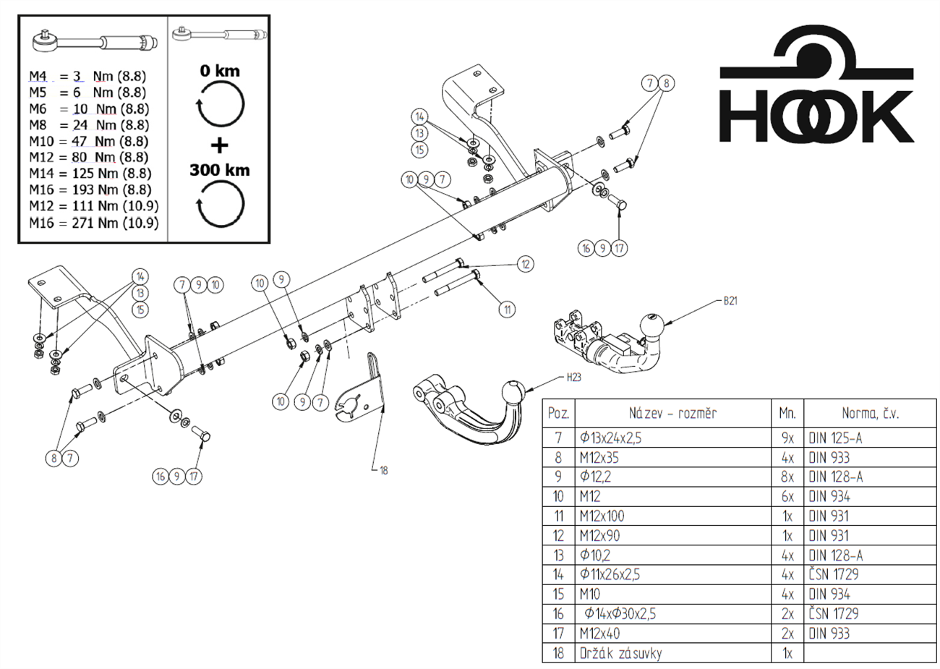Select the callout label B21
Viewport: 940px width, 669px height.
(x=730, y=301)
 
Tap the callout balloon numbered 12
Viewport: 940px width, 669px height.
(x=526, y=264)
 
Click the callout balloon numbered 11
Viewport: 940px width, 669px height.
(x=507, y=309)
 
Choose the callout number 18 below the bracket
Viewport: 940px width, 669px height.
(x=383, y=470)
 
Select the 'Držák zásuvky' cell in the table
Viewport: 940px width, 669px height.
(x=620, y=653)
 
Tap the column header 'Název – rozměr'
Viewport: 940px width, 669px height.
(x=672, y=414)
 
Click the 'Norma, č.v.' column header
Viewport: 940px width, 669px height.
(x=871, y=414)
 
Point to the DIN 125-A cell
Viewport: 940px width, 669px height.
(x=835, y=438)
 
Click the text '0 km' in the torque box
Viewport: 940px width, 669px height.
(x=220, y=71)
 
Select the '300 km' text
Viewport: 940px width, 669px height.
(x=220, y=171)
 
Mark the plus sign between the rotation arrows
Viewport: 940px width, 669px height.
(x=219, y=145)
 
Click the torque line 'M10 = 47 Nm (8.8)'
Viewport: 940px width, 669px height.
(x=89, y=142)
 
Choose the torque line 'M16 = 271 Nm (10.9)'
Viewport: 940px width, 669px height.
(x=93, y=223)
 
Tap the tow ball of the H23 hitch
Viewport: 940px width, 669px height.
(x=513, y=394)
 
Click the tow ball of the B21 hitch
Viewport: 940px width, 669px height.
(x=651, y=327)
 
